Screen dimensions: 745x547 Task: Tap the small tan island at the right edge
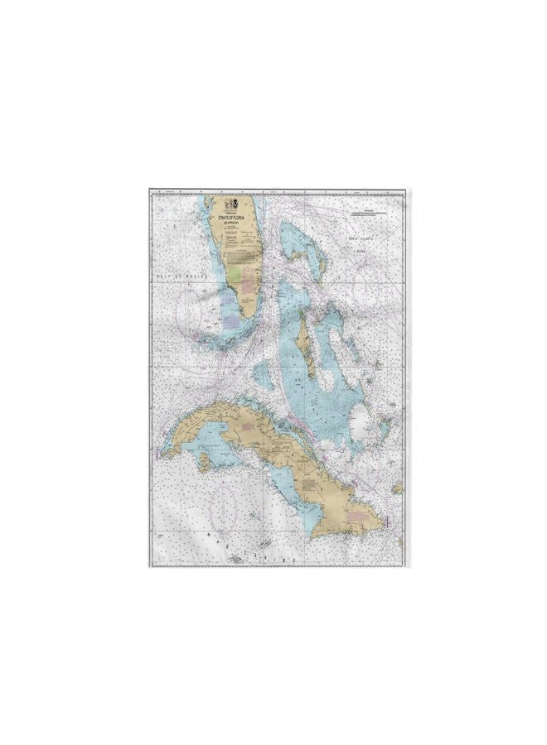398,488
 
